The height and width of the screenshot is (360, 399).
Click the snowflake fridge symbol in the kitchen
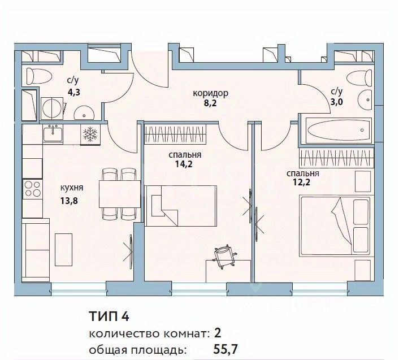[x=90, y=135]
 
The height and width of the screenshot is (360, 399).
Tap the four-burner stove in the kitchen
[x=32, y=188]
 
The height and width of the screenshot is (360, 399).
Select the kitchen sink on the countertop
[x=55, y=133]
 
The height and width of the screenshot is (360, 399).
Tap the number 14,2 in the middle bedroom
[x=185, y=165]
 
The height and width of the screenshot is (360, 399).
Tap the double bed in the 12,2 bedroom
[x=335, y=226]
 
